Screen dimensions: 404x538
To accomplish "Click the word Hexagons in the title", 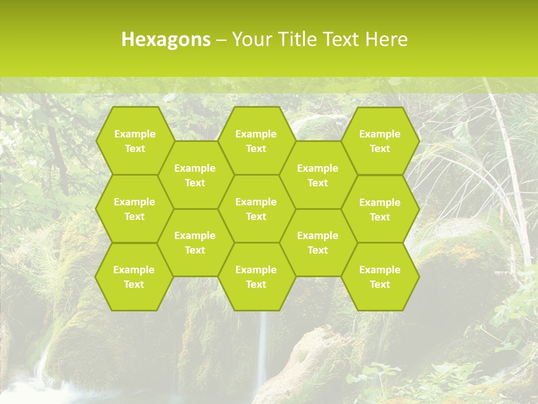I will (x=166, y=40).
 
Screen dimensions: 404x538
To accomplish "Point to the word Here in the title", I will (x=387, y=40).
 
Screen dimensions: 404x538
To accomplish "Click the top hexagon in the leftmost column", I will (x=134, y=141).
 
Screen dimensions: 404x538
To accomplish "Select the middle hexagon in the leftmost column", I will (x=134, y=209).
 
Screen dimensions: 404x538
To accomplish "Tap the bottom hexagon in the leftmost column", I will (x=134, y=277).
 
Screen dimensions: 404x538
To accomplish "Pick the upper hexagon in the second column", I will (x=195, y=175).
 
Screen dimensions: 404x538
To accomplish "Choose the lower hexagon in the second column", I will (x=195, y=242).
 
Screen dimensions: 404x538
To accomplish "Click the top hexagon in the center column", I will (x=256, y=141).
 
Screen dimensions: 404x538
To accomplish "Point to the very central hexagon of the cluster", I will (x=256, y=209).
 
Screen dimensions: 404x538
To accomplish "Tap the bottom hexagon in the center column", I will (x=256, y=277).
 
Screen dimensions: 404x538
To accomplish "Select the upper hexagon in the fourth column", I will (x=318, y=175).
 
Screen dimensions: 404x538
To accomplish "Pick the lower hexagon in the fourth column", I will (x=318, y=242).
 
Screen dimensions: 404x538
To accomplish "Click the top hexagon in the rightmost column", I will (x=380, y=141).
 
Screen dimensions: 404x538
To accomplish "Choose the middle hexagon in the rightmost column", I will (x=380, y=209).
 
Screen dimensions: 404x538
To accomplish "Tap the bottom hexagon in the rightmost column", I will (x=380, y=277).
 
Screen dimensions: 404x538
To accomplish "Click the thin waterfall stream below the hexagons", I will (x=261, y=348).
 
